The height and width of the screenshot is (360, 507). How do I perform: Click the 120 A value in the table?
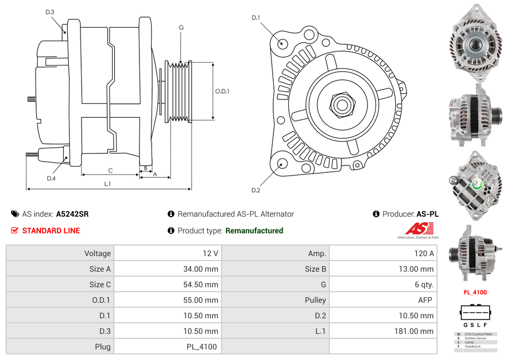(x=424, y=253)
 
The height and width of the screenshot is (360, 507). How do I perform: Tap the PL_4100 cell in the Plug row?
(x=202, y=347)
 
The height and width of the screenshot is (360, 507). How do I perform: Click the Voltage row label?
(x=97, y=253)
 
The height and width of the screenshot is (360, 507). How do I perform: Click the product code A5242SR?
(x=72, y=214)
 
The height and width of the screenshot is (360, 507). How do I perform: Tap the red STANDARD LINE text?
(x=51, y=231)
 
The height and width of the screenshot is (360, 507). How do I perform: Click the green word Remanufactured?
(x=254, y=231)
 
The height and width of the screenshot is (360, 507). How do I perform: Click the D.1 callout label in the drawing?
(x=256, y=18)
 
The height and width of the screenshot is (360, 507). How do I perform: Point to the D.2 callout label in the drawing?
(x=256, y=191)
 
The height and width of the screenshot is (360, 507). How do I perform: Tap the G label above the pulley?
(x=181, y=27)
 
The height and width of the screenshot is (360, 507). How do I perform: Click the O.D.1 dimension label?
(x=223, y=91)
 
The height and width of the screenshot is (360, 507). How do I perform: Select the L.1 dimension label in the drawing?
(x=107, y=183)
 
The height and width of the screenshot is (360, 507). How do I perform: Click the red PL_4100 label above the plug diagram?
(x=475, y=292)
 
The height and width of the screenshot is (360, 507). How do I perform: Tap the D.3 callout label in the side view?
(x=50, y=12)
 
